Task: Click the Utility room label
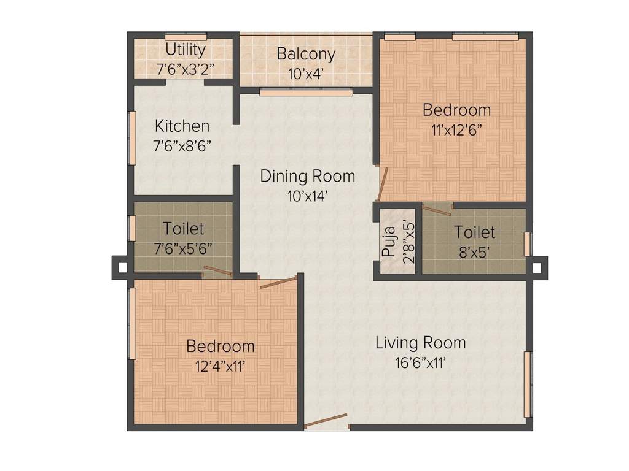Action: pos(185,50)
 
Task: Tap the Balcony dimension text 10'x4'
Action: pos(306,74)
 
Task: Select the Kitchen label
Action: pos(182,126)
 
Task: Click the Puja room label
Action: pos(388,242)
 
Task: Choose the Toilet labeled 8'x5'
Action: pos(474,232)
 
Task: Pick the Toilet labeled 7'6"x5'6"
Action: pos(183,229)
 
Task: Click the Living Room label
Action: pos(420,342)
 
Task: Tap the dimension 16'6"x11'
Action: pos(420,362)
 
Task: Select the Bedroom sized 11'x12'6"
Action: pos(456,110)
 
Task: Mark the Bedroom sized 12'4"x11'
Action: pos(220,346)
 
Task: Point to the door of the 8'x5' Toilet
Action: pos(437,210)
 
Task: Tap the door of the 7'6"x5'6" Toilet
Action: pos(217,272)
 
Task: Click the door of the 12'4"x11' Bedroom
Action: pos(278,282)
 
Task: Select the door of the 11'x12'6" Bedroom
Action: pos(382,185)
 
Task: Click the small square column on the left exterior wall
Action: pos(121,267)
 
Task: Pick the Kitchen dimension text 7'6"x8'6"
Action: pos(182,147)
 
